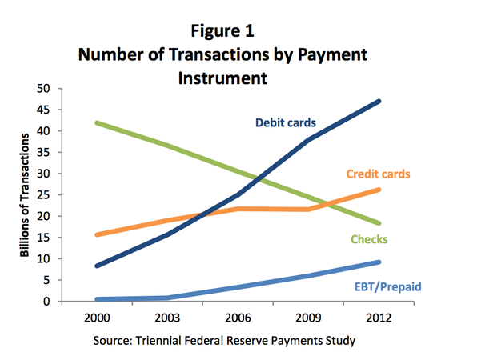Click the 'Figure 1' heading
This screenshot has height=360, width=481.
(x=222, y=31)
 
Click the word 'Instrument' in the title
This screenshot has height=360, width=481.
(x=222, y=78)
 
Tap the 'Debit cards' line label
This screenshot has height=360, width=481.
(x=286, y=122)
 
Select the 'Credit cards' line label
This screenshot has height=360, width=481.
(x=379, y=174)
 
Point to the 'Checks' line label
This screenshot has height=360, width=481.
(x=369, y=239)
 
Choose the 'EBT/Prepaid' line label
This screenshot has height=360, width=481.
(x=387, y=286)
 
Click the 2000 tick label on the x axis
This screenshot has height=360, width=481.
(x=97, y=318)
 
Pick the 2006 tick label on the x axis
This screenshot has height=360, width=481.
(x=238, y=318)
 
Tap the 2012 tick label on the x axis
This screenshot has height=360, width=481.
(x=379, y=318)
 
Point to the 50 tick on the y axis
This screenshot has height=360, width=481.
(x=43, y=89)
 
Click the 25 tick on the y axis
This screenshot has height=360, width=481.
(x=43, y=195)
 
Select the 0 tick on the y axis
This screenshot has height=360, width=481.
(x=46, y=302)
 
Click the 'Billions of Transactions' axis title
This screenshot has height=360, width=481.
(x=25, y=195)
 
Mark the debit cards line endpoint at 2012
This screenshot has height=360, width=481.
(x=379, y=101)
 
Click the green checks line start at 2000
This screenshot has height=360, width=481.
(x=98, y=123)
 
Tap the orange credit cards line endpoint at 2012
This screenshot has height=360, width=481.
(x=379, y=190)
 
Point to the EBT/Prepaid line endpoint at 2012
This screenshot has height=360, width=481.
(x=379, y=262)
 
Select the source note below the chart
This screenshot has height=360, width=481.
(x=224, y=341)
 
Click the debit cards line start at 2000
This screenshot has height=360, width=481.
(x=98, y=266)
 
